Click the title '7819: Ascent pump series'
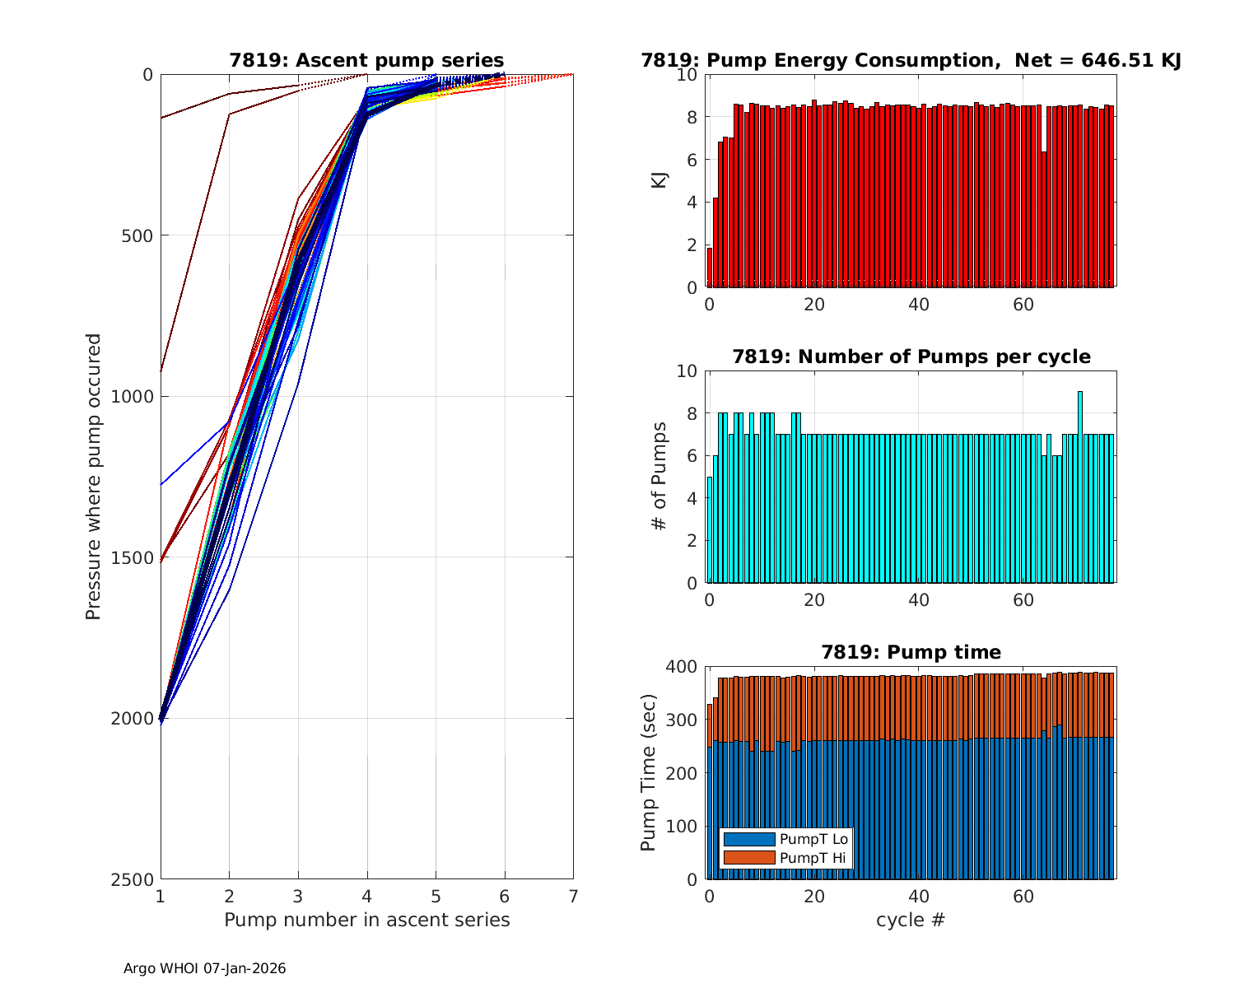(x=366, y=60)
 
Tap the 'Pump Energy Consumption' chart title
(x=911, y=60)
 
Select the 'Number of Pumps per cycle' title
(x=911, y=357)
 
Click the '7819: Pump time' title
(x=911, y=652)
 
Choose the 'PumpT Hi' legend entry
(x=813, y=858)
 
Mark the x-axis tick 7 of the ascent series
(x=573, y=895)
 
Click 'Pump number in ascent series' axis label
(x=366, y=920)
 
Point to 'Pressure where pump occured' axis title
(x=94, y=477)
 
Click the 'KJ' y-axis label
(x=659, y=180)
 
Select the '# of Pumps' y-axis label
(x=659, y=477)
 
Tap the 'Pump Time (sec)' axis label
(x=649, y=773)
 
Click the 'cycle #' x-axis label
(x=911, y=920)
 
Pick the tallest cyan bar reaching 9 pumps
(x=1079, y=487)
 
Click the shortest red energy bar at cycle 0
(x=710, y=268)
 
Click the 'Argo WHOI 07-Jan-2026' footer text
(x=204, y=968)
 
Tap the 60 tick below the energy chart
(x=1023, y=304)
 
